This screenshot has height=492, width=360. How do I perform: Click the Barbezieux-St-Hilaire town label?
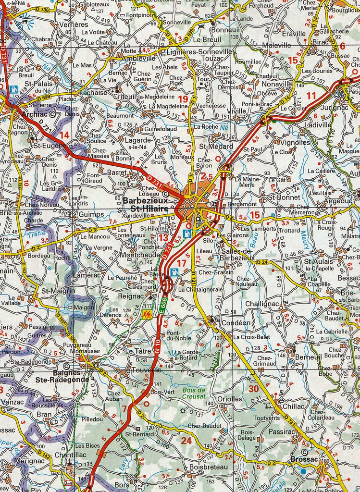point(145,205)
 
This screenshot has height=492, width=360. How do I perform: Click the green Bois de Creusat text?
point(194,393)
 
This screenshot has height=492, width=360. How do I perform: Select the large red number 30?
point(253,388)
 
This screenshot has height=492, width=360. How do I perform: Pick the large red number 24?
point(186,440)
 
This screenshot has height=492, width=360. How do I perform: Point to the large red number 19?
point(183,99)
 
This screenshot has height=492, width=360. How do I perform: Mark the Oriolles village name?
point(230,399)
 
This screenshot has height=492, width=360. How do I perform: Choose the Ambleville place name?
point(138,58)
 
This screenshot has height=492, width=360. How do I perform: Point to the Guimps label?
point(91,215)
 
